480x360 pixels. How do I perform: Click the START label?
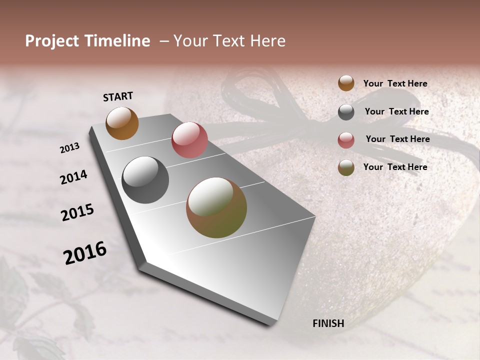[x=118, y=96]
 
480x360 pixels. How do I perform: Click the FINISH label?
[x=328, y=323]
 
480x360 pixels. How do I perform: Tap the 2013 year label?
[x=70, y=148]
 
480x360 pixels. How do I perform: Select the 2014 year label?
[x=73, y=177]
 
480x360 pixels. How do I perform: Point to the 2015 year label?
[x=77, y=213]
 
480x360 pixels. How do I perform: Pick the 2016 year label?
[x=85, y=253]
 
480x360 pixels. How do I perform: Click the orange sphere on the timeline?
[x=122, y=123]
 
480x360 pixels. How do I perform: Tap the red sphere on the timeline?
[x=189, y=140]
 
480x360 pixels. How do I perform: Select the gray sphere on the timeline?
[x=145, y=180]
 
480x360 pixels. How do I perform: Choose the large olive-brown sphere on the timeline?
[x=216, y=207]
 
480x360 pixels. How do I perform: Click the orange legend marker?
[x=346, y=83]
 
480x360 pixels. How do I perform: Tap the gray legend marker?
[x=346, y=112]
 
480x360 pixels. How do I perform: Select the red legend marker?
[x=346, y=139]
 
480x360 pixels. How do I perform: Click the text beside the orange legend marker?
[x=395, y=83]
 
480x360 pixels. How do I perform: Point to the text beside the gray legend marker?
[x=396, y=111]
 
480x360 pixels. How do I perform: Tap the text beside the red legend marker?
[x=397, y=139]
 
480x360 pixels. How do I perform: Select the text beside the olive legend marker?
[x=395, y=167]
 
